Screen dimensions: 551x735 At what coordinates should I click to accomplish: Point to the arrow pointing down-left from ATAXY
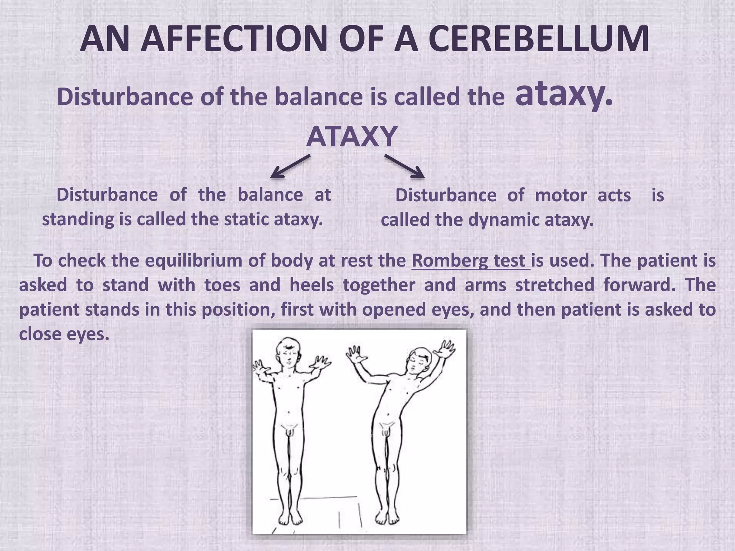tap(290, 166)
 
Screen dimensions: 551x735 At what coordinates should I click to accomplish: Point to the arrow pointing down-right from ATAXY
tap(404, 166)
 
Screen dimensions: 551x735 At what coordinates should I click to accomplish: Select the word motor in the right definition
tap(561, 196)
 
